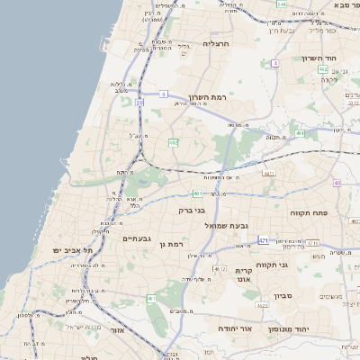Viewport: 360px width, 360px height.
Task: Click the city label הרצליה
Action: tap(217, 42)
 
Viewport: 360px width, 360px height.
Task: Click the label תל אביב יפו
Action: tap(67, 249)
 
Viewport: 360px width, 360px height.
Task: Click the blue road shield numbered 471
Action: tap(263, 240)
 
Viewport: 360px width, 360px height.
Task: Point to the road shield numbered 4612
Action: tap(220, 268)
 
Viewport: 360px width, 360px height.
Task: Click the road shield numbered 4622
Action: tap(262, 306)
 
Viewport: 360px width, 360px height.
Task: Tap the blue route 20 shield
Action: tap(140, 103)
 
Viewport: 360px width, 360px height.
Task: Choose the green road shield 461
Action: tap(151, 299)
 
